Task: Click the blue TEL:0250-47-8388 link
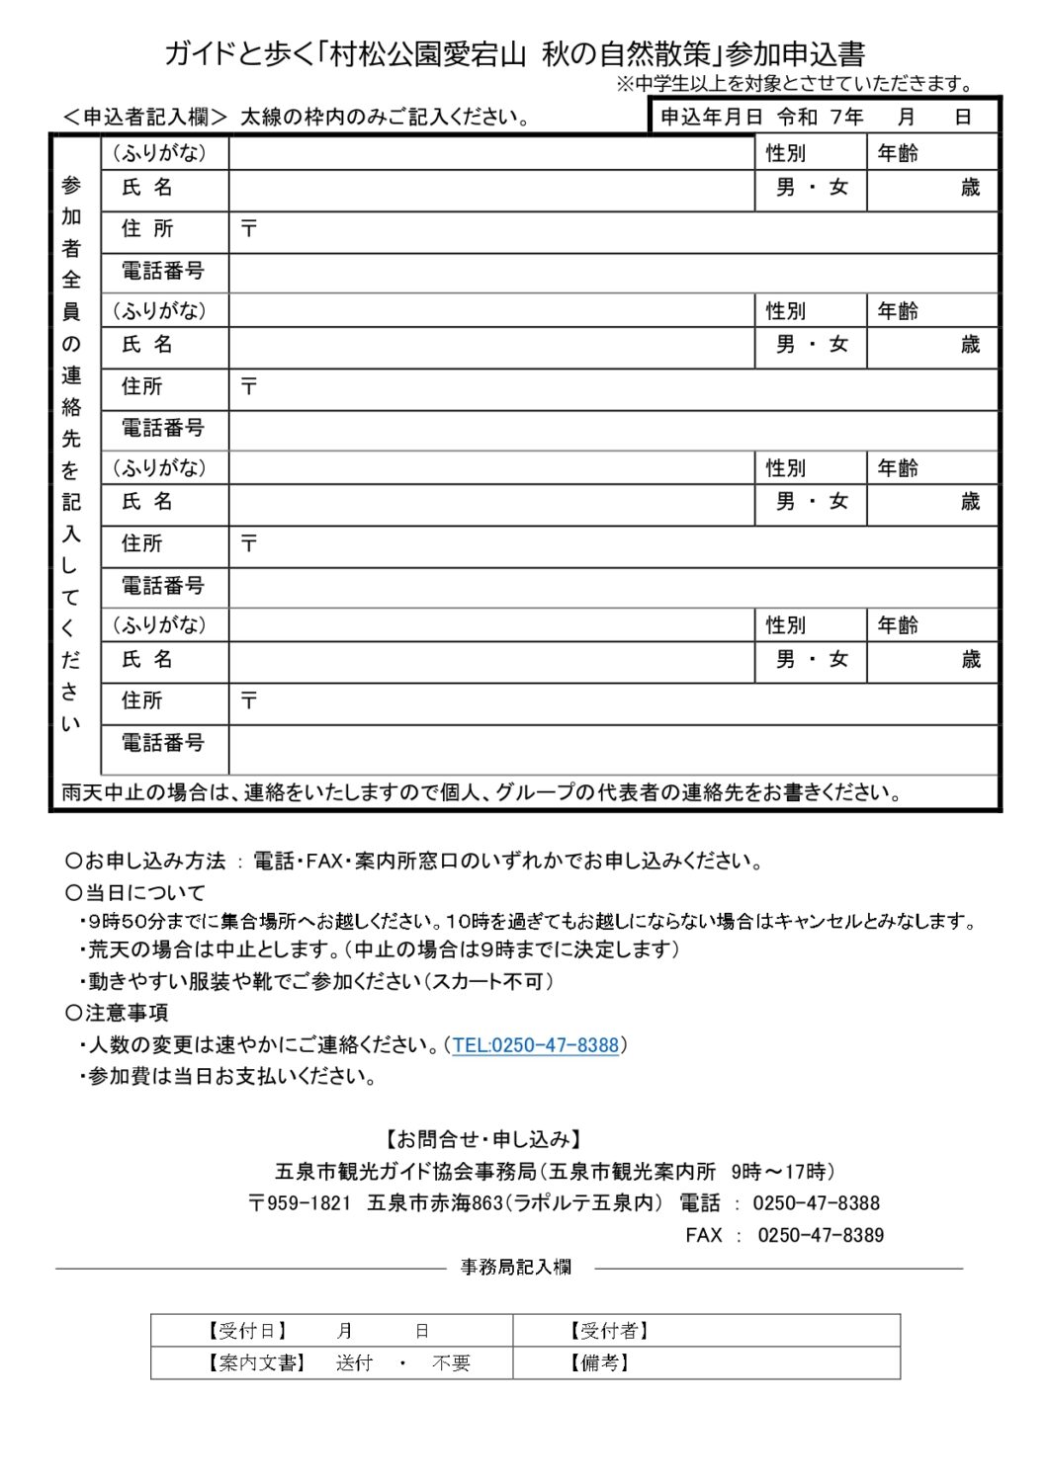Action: pyautogui.click(x=536, y=1045)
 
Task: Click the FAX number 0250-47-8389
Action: pyautogui.click(x=821, y=1235)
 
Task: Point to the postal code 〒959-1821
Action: pyautogui.click(x=300, y=1203)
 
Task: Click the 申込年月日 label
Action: pyautogui.click(x=711, y=118)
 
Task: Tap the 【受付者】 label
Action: pyautogui.click(x=607, y=1331)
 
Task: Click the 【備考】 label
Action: pyautogui.click(x=599, y=1363)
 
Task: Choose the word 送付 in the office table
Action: pyautogui.click(x=354, y=1363)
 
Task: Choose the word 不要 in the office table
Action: pyautogui.click(x=451, y=1363)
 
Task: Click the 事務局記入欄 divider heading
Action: pyautogui.click(x=515, y=1268)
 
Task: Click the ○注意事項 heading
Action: pyautogui.click(x=117, y=1013)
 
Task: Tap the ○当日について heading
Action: pyautogui.click(x=135, y=893)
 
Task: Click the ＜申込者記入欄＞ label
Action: pyautogui.click(x=145, y=118)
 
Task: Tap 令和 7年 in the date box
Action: pyautogui.click(x=820, y=118)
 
